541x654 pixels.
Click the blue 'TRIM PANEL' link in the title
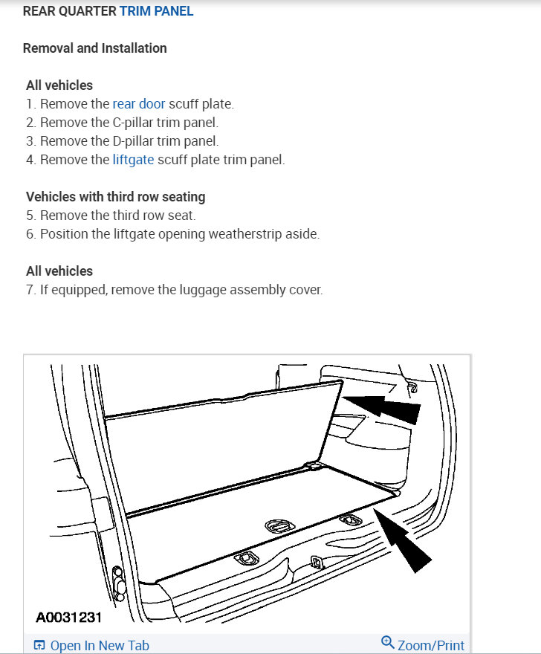coord(156,12)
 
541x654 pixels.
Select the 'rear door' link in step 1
coord(139,104)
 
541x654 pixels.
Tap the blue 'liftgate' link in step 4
coord(134,160)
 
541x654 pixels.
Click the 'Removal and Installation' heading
coord(94,48)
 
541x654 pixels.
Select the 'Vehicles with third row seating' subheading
coord(115,197)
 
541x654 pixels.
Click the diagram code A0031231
coord(68,617)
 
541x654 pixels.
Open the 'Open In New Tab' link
coord(100,645)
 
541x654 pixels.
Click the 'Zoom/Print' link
coord(431,645)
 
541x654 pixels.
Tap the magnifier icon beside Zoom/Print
coord(387,643)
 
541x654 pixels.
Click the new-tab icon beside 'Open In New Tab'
coord(40,645)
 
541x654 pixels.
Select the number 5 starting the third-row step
coord(30,216)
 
